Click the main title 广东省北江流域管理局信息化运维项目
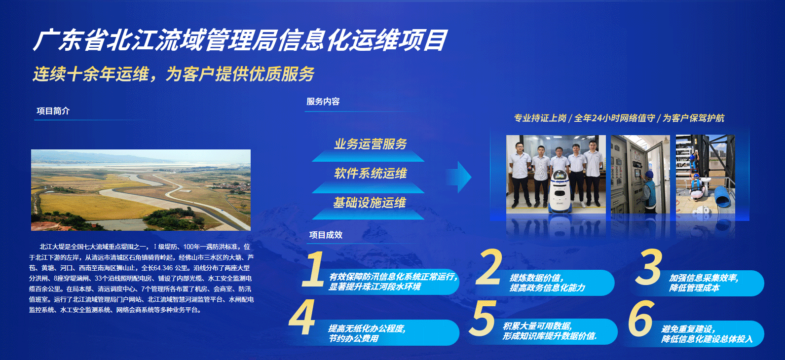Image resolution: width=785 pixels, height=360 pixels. tap(240, 40)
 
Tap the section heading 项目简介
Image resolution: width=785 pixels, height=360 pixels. tap(53, 111)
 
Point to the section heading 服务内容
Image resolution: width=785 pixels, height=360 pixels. tap(323, 102)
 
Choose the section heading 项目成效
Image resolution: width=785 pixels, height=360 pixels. tap(326, 235)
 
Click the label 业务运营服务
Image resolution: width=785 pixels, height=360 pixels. tap(371, 144)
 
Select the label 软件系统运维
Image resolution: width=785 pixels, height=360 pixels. tap(371, 173)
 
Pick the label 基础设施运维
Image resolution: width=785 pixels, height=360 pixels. tap(370, 202)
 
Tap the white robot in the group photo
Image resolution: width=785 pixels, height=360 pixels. tap(559, 190)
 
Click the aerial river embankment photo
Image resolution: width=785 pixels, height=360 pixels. tap(141, 190)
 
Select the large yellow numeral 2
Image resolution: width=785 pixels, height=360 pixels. tap(488, 267)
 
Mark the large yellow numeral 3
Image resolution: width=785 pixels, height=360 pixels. tap(648, 267)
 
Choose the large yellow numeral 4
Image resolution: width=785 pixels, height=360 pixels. tap(302, 317)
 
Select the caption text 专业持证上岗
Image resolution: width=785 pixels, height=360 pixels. tap(540, 118)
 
